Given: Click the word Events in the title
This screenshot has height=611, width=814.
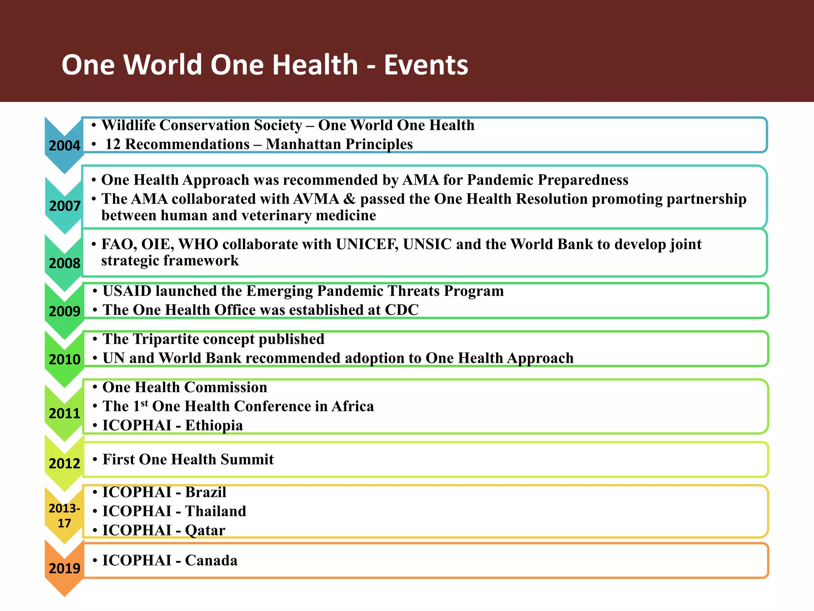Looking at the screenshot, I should [426, 65].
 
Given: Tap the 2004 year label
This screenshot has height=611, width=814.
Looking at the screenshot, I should [64, 146].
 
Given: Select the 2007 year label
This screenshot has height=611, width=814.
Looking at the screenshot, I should [65, 206].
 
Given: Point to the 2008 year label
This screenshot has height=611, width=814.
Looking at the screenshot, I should [64, 263].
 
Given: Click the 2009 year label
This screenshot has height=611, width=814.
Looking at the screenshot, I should [64, 311].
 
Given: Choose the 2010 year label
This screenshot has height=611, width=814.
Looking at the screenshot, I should [64, 360].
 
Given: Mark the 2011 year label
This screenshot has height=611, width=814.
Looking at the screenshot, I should [64, 414].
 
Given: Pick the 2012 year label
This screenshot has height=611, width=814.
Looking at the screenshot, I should [64, 463].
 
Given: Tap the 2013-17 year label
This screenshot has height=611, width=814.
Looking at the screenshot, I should [64, 516].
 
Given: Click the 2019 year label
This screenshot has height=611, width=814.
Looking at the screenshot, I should [64, 568].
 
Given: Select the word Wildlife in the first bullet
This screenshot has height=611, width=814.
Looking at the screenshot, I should [128, 125].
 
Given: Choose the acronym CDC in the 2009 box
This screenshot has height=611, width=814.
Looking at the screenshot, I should [402, 310].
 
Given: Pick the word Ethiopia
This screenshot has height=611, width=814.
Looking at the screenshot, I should [214, 426].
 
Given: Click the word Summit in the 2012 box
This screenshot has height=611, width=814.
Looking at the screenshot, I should [247, 459].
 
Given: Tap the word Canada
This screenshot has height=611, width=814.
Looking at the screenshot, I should [211, 560].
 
